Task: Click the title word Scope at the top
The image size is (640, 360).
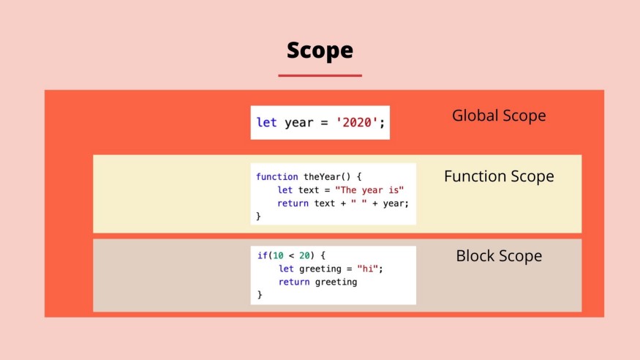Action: [x=320, y=50]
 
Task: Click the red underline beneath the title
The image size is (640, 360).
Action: [x=320, y=75]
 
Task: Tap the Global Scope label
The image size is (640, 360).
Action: [x=499, y=116]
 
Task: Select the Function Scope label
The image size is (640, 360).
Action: [x=499, y=176]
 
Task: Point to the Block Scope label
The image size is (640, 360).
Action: [x=499, y=256]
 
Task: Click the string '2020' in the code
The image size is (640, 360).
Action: [x=357, y=122]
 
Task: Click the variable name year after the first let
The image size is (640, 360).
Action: [x=298, y=123]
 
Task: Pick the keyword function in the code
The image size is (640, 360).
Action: [x=276, y=177]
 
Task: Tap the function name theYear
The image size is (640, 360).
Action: [x=322, y=177]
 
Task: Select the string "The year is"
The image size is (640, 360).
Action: [x=369, y=190]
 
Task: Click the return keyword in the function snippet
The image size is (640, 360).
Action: [x=293, y=203]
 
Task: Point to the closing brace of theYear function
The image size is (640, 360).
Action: [x=258, y=217]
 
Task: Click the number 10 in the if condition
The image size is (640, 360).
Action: [x=279, y=255]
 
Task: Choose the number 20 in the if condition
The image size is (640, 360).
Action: [x=304, y=255]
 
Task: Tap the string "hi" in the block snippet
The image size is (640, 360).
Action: [x=367, y=269]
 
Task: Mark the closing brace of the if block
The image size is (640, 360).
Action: [x=260, y=295]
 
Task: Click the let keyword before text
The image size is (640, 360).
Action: [x=285, y=190]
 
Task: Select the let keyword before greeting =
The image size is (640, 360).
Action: [x=286, y=269]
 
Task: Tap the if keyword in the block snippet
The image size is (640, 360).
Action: [x=262, y=255]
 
